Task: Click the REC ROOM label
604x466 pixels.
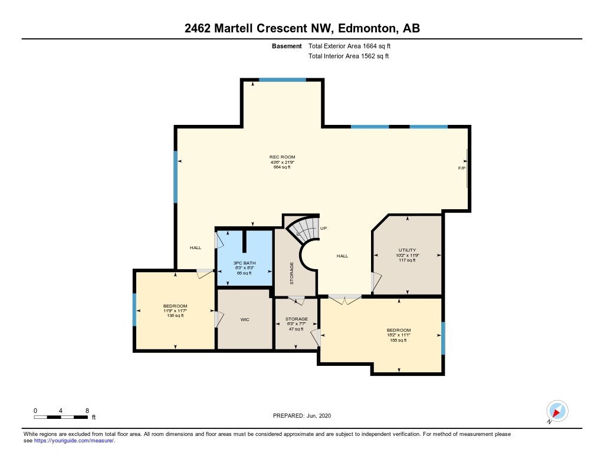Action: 282,157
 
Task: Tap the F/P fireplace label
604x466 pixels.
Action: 461,168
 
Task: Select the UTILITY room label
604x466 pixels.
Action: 407,250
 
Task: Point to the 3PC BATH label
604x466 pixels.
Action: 244,263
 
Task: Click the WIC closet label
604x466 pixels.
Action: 245,319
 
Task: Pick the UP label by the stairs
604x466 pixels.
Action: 324,228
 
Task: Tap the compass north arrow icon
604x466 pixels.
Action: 557,411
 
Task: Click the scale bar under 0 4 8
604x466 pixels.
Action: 61,417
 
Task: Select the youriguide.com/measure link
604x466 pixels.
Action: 74,441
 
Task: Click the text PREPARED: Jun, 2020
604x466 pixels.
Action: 301,415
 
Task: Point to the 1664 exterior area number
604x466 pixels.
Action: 369,46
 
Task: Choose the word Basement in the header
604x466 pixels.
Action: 287,46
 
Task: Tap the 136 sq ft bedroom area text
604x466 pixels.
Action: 175,316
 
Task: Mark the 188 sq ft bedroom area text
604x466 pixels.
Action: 398,340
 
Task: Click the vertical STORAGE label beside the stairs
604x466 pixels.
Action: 291,273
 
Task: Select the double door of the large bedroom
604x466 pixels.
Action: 344,299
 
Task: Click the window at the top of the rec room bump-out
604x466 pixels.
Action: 283,80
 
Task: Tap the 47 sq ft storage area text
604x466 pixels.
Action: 296,329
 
